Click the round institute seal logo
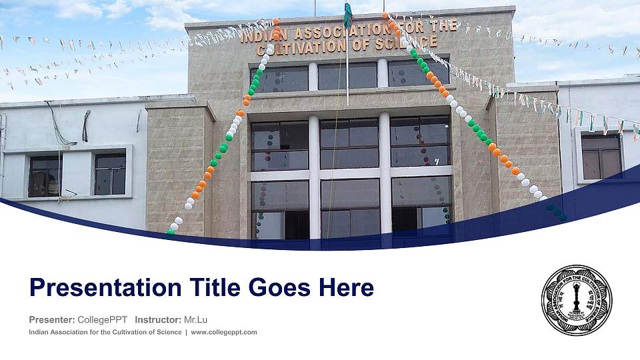point(577,299)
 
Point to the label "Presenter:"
point(52,319)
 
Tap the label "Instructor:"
point(157,319)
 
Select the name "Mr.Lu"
point(195,319)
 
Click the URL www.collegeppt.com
point(224,332)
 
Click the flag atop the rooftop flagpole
point(347,13)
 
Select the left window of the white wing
point(45,175)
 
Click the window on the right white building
point(601,156)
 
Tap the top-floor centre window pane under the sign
point(347,75)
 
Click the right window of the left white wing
point(109,173)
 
